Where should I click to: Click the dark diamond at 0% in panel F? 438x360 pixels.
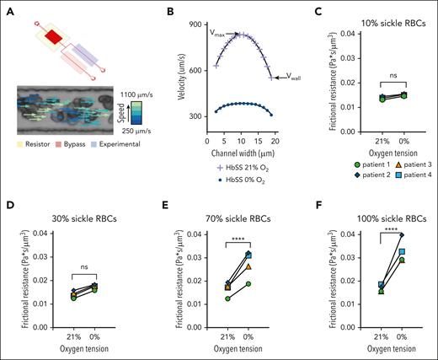point(403,235)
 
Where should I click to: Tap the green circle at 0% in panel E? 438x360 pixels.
point(249,283)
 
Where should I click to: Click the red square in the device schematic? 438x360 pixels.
point(53,37)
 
